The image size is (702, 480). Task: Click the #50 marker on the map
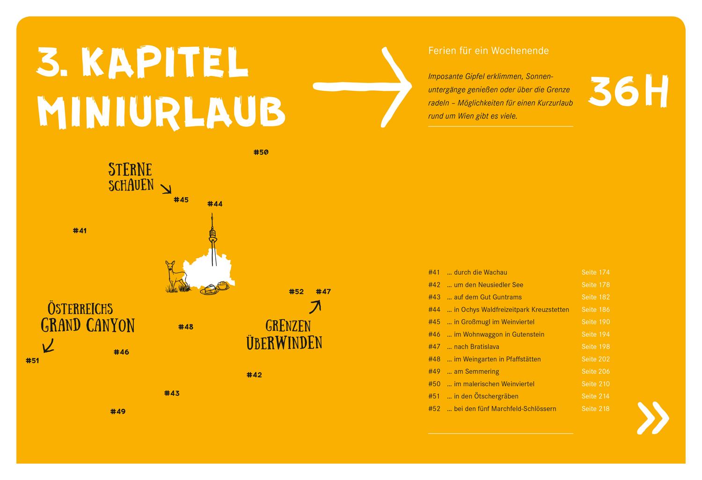tap(261, 152)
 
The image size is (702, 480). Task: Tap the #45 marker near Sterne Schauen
tap(181, 200)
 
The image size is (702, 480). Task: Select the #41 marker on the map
tap(80, 230)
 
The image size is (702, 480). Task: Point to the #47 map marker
tap(323, 292)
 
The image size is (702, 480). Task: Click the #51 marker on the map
tap(32, 361)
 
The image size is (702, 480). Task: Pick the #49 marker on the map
tap(118, 412)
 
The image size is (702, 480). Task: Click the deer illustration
tap(175, 277)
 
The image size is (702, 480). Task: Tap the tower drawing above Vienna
tap(213, 239)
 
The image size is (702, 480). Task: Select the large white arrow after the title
tap(363, 87)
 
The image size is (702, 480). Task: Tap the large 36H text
tap(628, 92)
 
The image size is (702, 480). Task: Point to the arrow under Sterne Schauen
tap(166, 189)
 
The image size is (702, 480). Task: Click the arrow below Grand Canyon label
tap(48, 345)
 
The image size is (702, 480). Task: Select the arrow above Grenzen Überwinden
tap(315, 306)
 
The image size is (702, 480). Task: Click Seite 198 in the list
tap(595, 347)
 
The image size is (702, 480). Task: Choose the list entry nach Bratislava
tap(476, 347)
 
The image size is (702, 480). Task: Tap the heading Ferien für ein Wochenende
tap(488, 51)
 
